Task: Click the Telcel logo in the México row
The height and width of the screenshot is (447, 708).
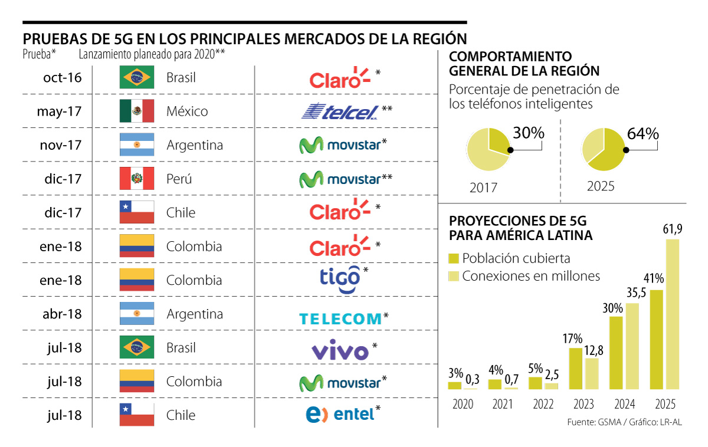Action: pyautogui.click(x=339, y=112)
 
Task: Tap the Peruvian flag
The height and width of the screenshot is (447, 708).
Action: pyautogui.click(x=136, y=179)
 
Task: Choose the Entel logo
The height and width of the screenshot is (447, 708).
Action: pyautogui.click(x=340, y=414)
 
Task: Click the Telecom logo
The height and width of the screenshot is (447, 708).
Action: pyautogui.click(x=340, y=319)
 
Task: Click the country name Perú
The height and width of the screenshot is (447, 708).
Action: pyautogui.click(x=179, y=179)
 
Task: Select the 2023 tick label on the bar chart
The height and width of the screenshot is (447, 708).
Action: pyautogui.click(x=584, y=405)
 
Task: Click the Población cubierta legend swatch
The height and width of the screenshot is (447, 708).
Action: pyautogui.click(x=454, y=258)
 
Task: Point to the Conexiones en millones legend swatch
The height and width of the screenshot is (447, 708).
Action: pyautogui.click(x=454, y=276)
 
